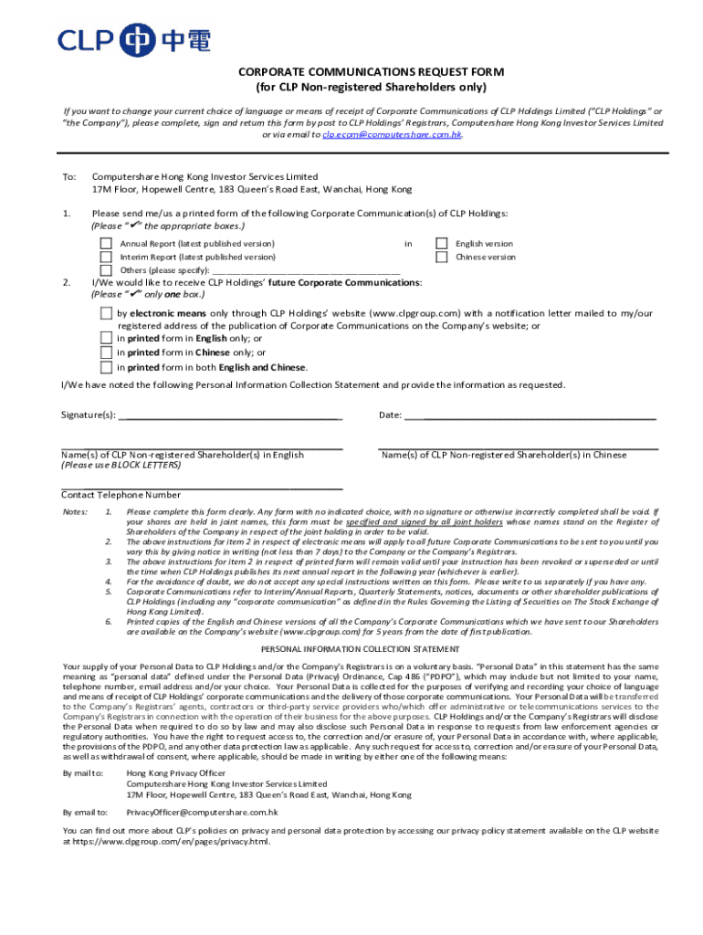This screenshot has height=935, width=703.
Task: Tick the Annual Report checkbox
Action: pos(106,244)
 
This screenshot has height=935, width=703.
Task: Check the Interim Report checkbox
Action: pos(106,257)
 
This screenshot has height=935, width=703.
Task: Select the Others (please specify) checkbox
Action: pos(106,270)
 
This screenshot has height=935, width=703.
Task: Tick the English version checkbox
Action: pos(442,244)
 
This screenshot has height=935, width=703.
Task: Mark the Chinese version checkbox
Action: pos(442,257)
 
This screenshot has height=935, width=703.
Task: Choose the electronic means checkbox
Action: pos(106,313)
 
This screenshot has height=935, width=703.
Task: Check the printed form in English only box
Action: pos(106,338)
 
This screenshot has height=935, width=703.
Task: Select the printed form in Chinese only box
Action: pos(106,352)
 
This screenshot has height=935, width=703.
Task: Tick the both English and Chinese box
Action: pos(106,367)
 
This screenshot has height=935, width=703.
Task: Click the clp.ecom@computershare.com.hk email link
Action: pos(392,134)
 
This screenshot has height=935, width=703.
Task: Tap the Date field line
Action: pos(530,415)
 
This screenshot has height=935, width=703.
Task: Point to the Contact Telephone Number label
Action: pos(121,495)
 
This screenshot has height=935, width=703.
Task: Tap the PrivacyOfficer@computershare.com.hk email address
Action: pos(202,811)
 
